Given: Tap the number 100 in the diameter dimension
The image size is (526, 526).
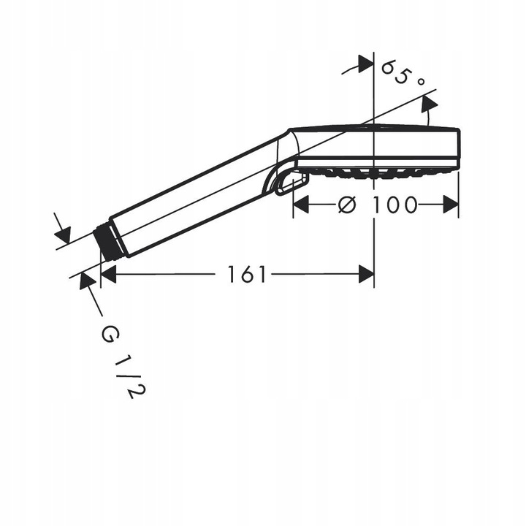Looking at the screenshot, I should tap(394, 205).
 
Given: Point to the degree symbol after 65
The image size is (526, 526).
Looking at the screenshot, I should tap(420, 83).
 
